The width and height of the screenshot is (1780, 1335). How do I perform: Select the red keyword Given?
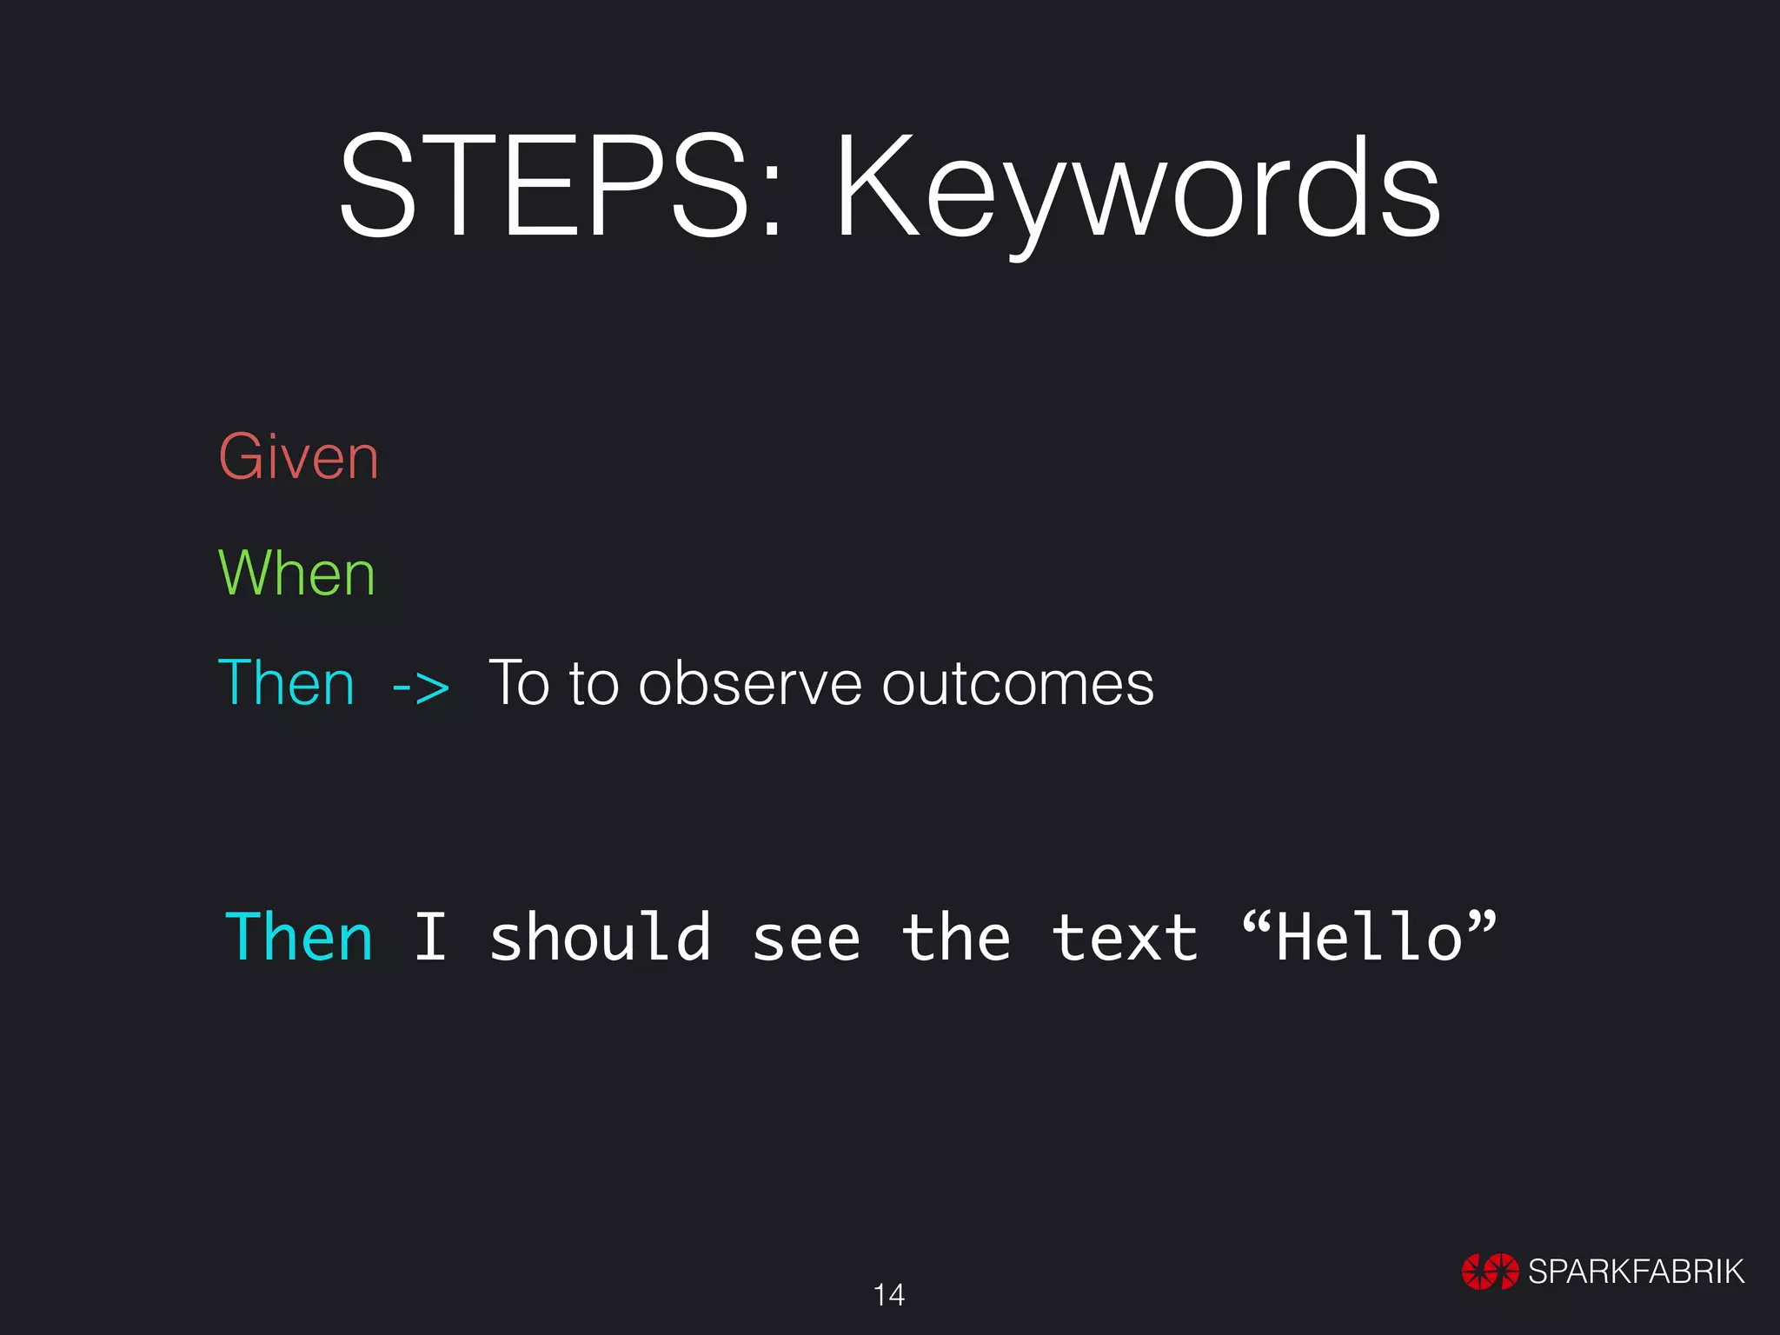(298, 457)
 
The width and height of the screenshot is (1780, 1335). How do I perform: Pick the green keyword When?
(296, 574)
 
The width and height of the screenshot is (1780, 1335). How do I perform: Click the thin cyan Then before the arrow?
(287, 683)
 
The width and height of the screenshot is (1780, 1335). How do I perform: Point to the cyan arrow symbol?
(421, 687)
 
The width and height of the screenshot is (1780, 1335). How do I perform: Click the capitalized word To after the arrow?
(519, 683)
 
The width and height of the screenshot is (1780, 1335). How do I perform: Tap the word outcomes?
(1018, 684)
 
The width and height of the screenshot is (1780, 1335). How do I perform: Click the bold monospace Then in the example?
(299, 938)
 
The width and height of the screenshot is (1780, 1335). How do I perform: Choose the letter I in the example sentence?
(430, 938)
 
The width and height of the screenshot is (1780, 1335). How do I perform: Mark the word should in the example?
(600, 938)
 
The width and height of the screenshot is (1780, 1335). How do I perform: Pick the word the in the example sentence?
(956, 938)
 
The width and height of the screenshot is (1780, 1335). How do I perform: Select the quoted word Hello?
(1370, 938)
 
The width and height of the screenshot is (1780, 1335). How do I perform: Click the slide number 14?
(888, 1295)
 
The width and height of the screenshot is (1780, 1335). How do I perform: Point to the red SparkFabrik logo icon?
(1490, 1272)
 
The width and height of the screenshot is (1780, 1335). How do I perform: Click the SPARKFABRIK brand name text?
(1636, 1272)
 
